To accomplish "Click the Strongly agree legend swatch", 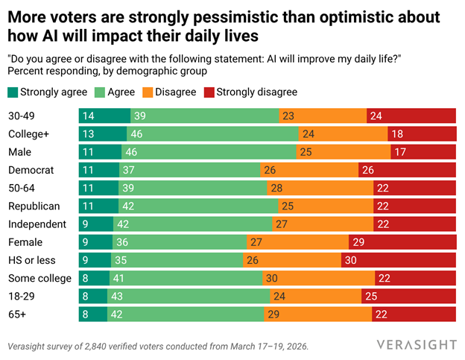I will [x=13, y=92].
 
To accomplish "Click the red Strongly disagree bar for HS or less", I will [x=398, y=260].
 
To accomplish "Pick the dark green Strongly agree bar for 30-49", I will [x=104, y=116].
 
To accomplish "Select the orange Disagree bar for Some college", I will [x=318, y=278].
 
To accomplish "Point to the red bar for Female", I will [x=402, y=241].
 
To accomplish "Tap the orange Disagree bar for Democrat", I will [x=309, y=170].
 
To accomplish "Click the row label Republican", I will [x=34, y=206].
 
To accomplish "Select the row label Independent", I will [x=37, y=224].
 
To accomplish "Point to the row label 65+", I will [x=19, y=314].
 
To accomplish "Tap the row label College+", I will [x=30, y=134].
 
